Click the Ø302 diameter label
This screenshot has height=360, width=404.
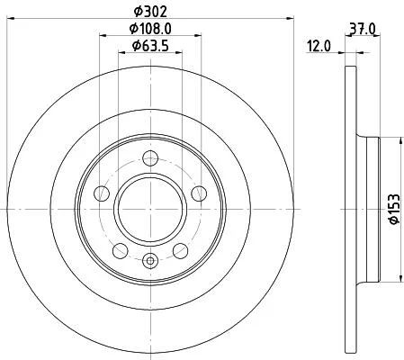pos(150,12)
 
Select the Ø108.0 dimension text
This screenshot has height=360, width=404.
pos(150,29)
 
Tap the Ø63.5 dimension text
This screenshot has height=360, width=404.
pos(150,46)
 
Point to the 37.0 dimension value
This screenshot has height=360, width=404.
pos(363,29)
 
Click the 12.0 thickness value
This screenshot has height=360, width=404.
pos(319,47)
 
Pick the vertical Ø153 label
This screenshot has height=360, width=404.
pos(395,209)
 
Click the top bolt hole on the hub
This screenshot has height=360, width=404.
pos(150,158)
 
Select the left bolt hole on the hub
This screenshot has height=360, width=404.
pos(102,193)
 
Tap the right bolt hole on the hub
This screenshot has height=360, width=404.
pos(199,193)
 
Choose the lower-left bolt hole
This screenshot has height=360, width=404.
pos(121,251)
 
